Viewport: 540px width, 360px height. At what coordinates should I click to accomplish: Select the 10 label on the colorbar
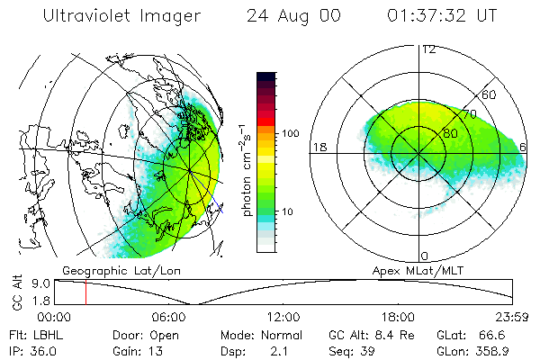291,212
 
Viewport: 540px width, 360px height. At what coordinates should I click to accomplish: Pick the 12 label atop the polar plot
428,49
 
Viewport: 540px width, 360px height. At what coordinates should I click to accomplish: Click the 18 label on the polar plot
318,147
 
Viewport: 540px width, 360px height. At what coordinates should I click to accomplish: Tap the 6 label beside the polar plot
524,147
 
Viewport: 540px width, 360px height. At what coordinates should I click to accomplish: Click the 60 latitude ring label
490,94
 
